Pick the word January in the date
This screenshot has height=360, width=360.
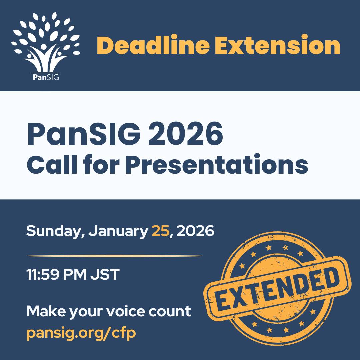click(x=118, y=231)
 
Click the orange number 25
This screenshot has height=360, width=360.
click(x=160, y=231)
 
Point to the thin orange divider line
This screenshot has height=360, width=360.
click(x=114, y=256)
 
